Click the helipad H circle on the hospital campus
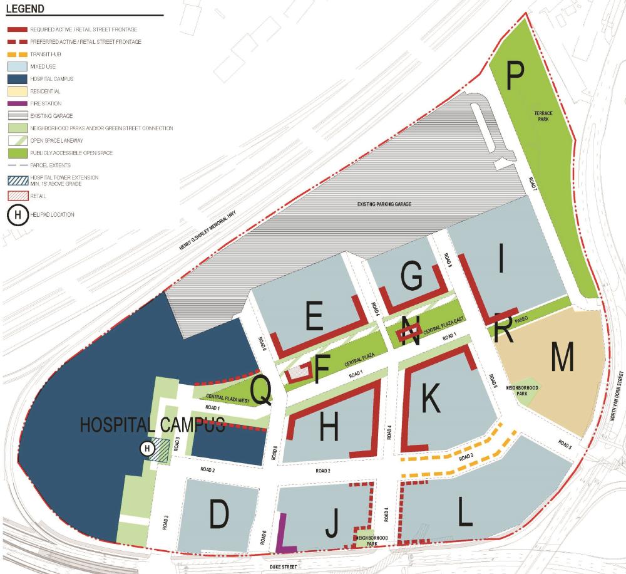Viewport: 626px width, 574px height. (x=146, y=448)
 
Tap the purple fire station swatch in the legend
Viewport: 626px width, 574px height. (x=21, y=103)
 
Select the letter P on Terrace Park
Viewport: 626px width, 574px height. (x=515, y=75)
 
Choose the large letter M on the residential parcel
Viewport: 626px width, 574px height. (x=562, y=358)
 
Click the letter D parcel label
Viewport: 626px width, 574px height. (x=219, y=515)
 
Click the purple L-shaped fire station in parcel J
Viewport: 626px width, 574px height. (x=283, y=536)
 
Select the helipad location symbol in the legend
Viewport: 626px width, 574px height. (x=18, y=215)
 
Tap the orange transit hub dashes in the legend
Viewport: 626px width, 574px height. (x=21, y=54)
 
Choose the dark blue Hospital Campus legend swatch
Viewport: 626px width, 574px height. (x=21, y=78)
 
